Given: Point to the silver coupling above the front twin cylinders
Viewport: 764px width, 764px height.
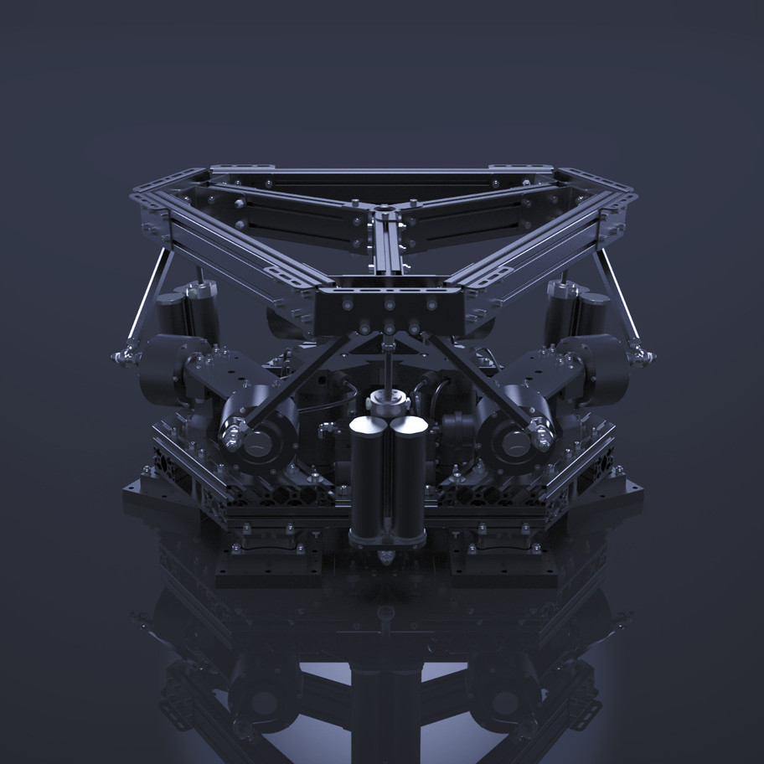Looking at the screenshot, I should [x=388, y=402].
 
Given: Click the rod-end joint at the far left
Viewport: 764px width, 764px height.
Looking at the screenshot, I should [x=123, y=358].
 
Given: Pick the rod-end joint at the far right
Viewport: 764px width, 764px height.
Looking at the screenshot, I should [x=643, y=358].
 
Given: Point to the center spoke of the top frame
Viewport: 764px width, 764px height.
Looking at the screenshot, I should [x=386, y=251].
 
